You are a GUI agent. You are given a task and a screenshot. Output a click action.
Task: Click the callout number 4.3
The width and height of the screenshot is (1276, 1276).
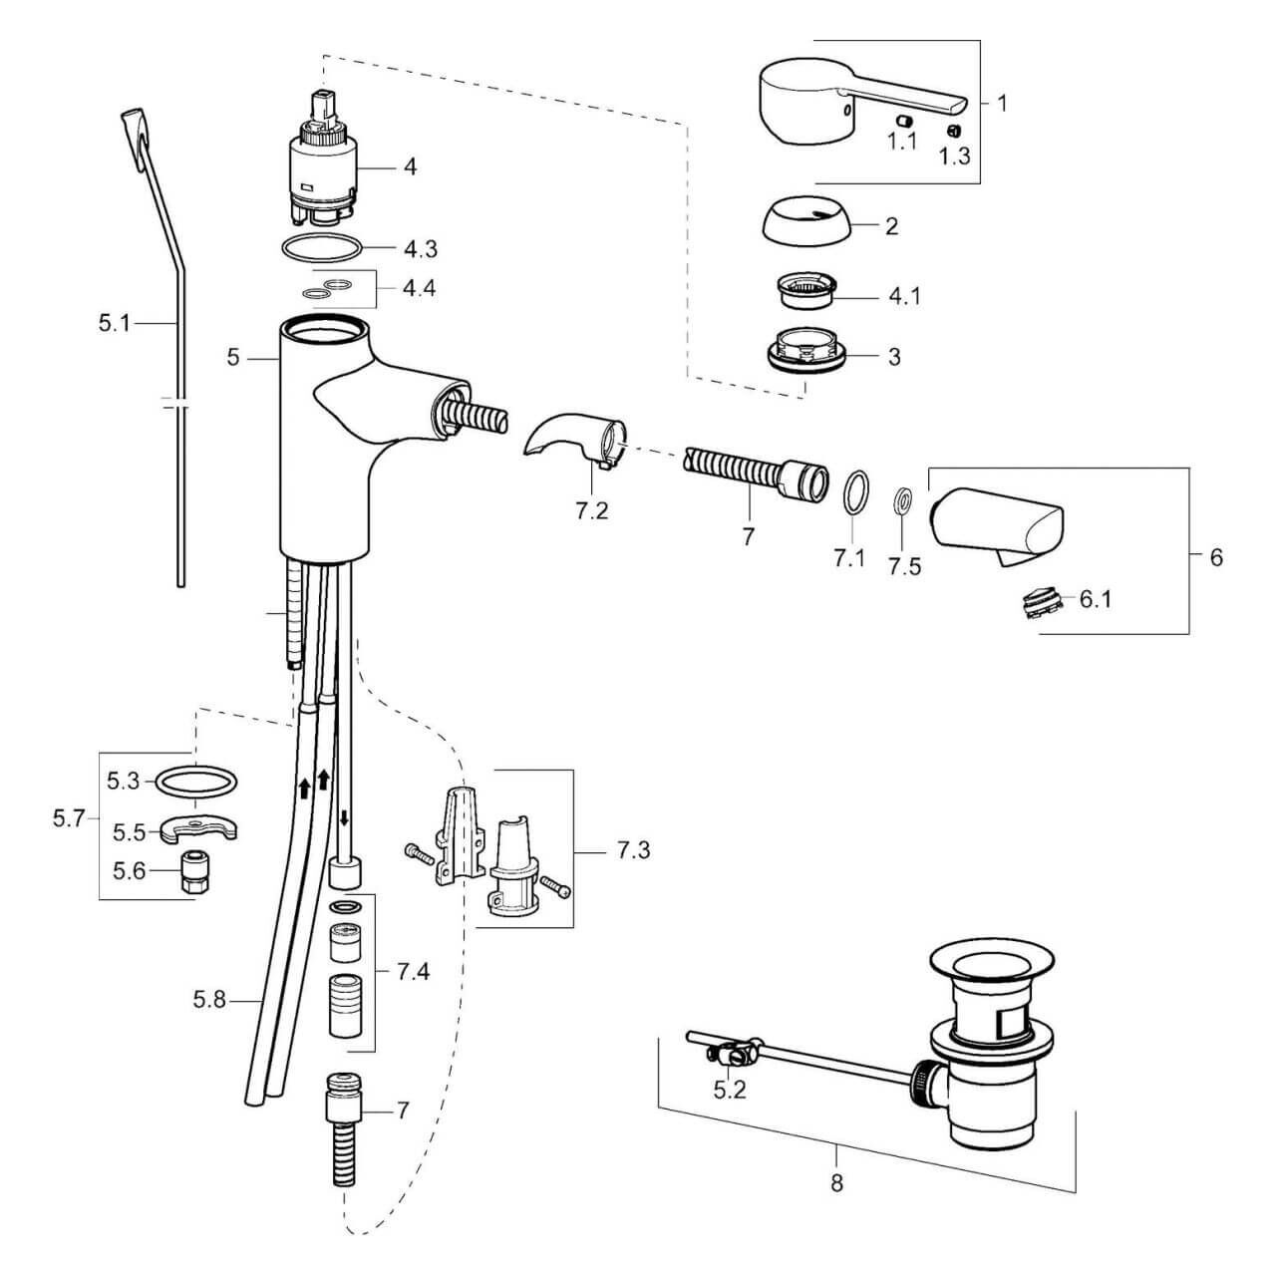click(421, 249)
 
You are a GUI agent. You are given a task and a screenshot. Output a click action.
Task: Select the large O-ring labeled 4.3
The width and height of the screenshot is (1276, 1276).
click(322, 236)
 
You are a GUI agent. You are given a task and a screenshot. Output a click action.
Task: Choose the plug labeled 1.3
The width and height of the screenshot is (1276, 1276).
click(954, 131)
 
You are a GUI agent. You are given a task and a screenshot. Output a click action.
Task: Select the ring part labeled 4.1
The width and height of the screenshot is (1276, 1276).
click(805, 289)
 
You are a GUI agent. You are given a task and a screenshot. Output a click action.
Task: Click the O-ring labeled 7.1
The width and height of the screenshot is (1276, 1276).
click(855, 492)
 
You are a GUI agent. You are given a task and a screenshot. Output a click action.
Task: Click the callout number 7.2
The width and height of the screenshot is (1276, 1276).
click(591, 511)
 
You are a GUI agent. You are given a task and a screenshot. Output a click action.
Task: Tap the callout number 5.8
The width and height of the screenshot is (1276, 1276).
click(210, 1001)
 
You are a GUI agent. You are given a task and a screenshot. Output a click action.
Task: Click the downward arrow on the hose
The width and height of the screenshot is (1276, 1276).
click(344, 817)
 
